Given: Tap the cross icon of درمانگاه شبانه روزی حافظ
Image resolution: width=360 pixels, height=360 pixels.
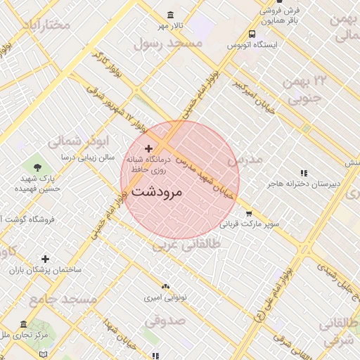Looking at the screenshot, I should point(148,149).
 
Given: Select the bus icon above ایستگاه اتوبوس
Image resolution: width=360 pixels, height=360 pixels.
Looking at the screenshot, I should point(252,34).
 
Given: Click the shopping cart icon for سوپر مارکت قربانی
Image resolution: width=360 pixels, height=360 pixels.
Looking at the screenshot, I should point(248,214).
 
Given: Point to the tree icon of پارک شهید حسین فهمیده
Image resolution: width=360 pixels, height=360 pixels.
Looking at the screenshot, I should point(37,167).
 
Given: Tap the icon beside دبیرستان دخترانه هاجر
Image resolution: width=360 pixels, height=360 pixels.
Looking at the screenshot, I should point(304,173).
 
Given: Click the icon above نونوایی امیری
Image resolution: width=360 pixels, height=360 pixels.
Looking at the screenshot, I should point(165,287).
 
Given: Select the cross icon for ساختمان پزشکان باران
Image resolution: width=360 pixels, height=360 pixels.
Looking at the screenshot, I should point(46,259).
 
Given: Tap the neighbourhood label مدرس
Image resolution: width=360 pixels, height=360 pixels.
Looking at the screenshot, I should point(244,160).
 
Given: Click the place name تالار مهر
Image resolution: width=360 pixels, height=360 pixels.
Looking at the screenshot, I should point(169,27).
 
